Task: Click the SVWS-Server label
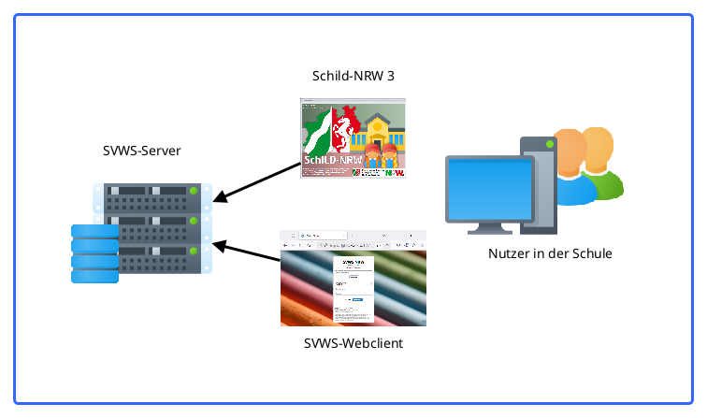pos(142,150)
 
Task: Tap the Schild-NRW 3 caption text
pos(353,76)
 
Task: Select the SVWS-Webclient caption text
pos(353,343)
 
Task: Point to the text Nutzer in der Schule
pos(550,253)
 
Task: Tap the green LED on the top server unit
pos(194,193)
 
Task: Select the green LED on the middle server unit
pos(194,222)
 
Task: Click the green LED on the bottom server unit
pos(194,252)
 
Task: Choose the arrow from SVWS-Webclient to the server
pos(247,253)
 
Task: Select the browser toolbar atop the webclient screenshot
pos(353,239)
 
